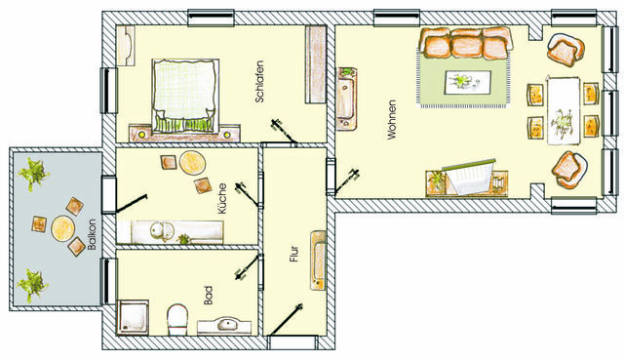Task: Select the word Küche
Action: click(x=223, y=198)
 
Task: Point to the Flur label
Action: click(x=292, y=258)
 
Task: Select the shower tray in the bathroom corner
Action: click(x=132, y=315)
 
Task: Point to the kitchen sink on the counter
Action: click(x=158, y=232)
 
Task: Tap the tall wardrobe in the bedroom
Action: click(x=315, y=63)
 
